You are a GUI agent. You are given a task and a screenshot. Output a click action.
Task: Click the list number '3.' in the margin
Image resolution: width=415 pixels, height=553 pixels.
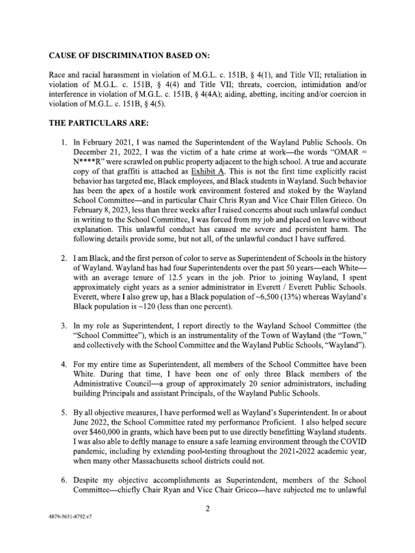(63, 326)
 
